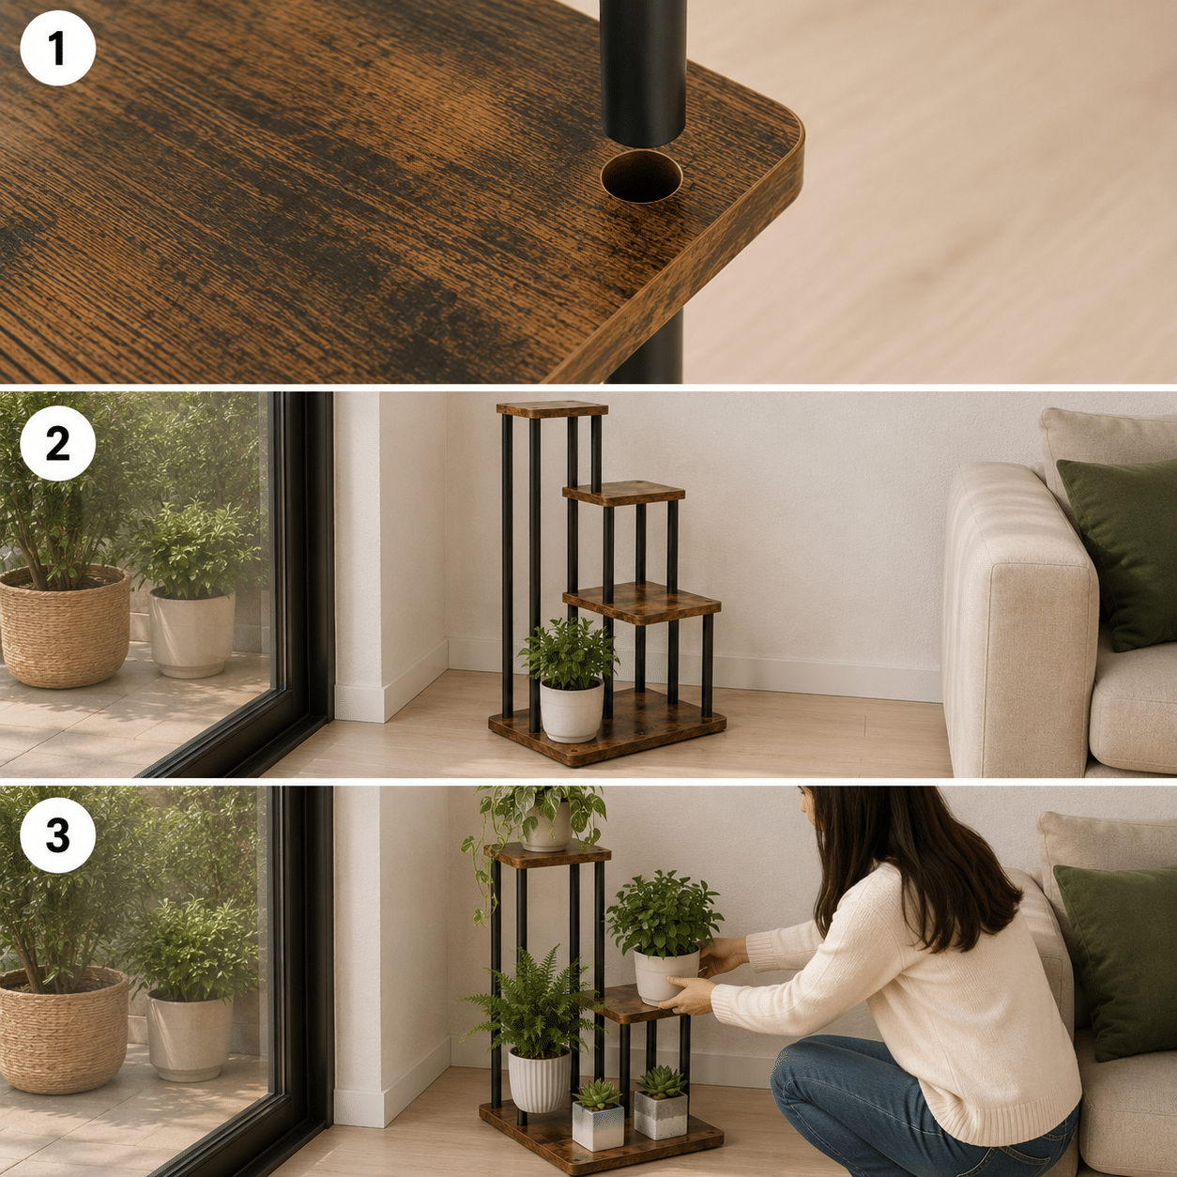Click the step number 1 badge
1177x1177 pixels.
(58, 48)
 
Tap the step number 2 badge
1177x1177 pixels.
(58, 444)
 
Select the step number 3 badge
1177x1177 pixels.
(58, 835)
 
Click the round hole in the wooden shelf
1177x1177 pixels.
(641, 176)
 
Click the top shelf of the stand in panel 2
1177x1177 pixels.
(552, 409)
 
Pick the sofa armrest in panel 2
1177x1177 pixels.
(1017, 617)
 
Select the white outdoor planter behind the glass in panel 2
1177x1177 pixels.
(191, 633)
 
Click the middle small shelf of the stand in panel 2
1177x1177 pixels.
(623, 494)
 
